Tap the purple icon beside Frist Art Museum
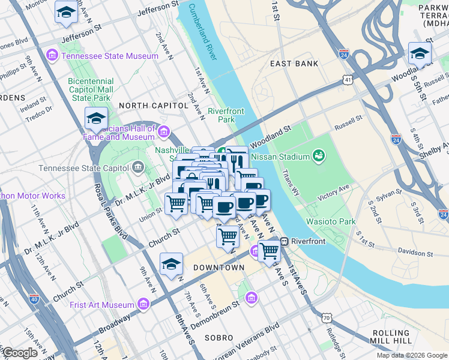143,305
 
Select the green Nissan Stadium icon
319,157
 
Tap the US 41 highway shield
349,79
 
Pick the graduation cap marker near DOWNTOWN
171,264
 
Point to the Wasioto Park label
331,221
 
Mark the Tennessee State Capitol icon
139,166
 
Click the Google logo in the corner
20,353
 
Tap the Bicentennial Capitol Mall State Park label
91,89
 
